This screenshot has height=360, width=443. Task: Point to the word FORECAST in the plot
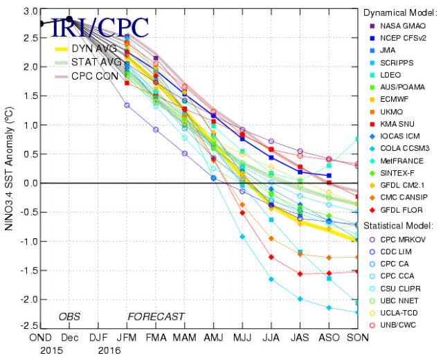[156, 316]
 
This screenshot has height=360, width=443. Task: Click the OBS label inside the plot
[69, 316]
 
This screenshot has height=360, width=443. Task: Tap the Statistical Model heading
[398, 226]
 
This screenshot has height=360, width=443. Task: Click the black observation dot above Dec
[69, 19]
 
